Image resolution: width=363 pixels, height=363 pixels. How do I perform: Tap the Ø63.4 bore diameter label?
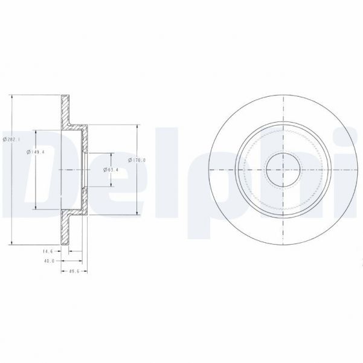pyautogui.click(x=112, y=170)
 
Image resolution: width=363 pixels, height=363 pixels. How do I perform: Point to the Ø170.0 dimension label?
pyautogui.click(x=138, y=159)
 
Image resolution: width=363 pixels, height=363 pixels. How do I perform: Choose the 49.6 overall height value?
pyautogui.click(x=74, y=272)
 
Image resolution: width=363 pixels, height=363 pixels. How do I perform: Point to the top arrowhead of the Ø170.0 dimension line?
pyautogui.click(x=138, y=127)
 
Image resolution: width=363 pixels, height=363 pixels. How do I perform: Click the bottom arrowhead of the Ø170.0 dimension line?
pyautogui.click(x=138, y=213)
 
